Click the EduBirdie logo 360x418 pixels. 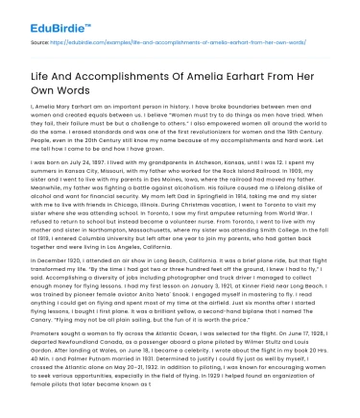coord(42,15)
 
